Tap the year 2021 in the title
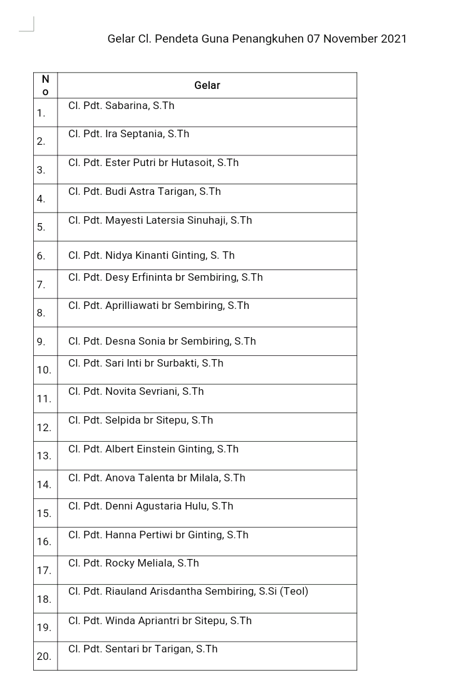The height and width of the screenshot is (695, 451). pyautogui.click(x=393, y=39)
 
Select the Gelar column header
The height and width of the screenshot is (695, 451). pyautogui.click(x=207, y=85)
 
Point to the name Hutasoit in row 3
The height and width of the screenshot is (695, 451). pyautogui.click(x=192, y=162)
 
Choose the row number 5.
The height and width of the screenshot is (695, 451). pyautogui.click(x=41, y=227)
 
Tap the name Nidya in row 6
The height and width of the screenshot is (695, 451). pyautogui.click(x=118, y=255)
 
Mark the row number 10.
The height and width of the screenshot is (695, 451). pyautogui.click(x=44, y=370)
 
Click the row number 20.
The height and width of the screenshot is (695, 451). pyautogui.click(x=44, y=656)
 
